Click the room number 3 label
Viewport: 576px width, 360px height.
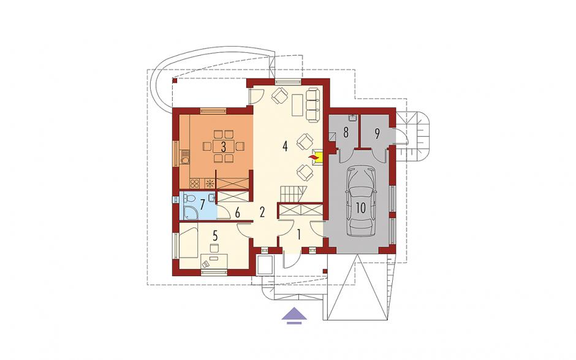point(223,147)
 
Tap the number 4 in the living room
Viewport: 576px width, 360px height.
point(285,147)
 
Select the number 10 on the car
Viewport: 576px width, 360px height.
point(361,208)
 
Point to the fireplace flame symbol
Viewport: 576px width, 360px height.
point(313,158)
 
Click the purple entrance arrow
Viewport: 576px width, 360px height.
point(294,315)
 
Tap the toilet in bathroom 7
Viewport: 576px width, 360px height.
point(189,198)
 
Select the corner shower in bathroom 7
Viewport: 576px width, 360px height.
point(191,212)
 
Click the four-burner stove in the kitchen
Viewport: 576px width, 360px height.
point(195,183)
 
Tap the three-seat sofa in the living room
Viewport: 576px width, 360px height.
point(313,104)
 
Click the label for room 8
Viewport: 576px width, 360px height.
point(346,132)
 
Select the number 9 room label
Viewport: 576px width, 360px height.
point(377,134)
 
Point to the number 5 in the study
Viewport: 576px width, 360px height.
point(215,234)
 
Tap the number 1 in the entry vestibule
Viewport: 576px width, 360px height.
point(298,234)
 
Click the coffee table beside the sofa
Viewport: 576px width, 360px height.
point(297,104)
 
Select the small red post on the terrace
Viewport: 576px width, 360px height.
point(175,80)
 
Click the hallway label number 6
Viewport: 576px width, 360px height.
point(237,212)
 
